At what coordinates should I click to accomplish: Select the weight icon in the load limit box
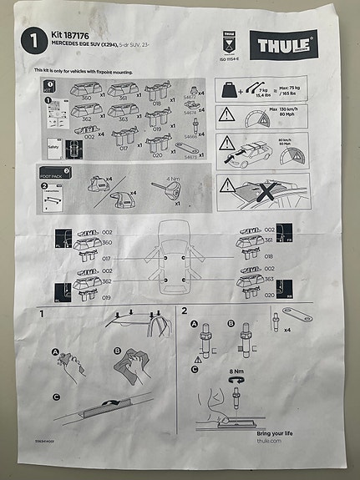(228, 88)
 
